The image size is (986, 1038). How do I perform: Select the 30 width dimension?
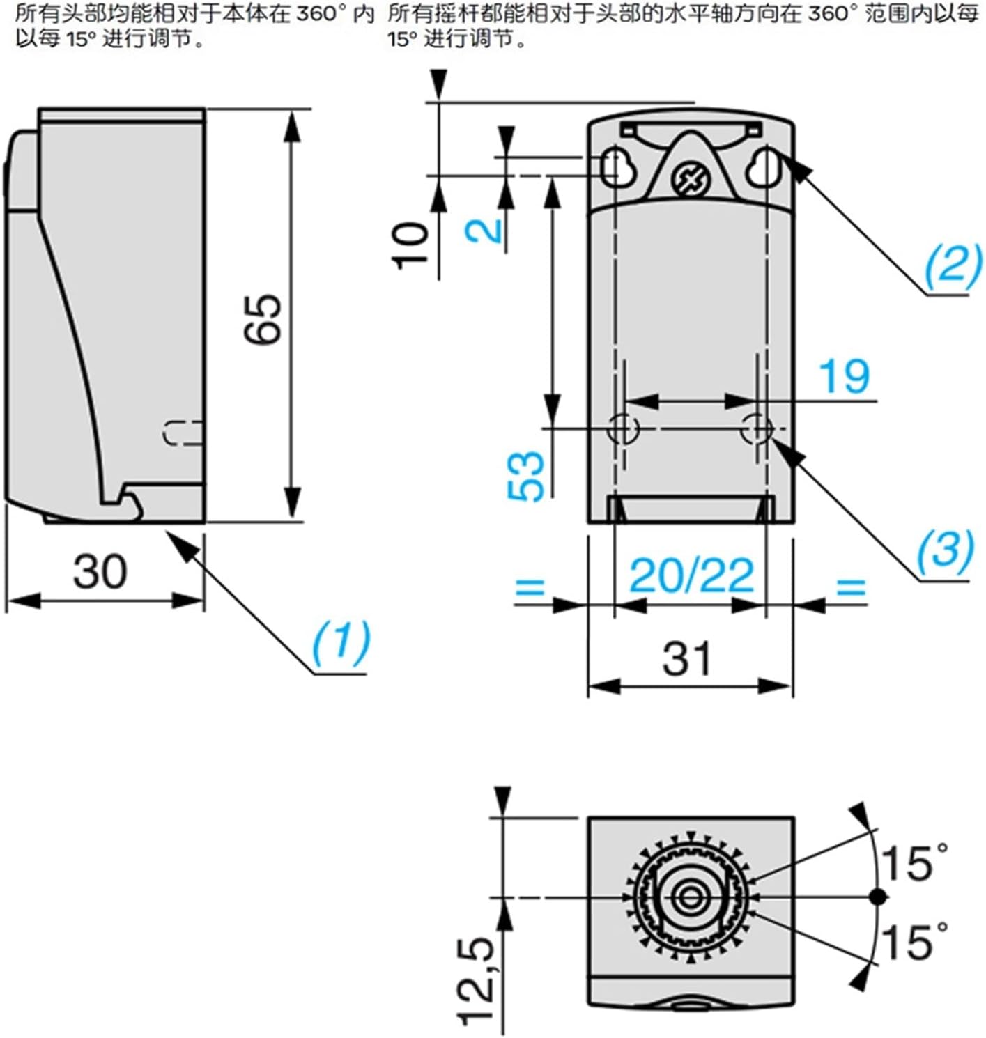(100, 572)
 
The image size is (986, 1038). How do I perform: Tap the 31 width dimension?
(688, 658)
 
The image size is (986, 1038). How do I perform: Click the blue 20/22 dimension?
(691, 575)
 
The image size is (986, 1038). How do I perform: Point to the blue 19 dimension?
(844, 377)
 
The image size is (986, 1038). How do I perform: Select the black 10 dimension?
(410, 245)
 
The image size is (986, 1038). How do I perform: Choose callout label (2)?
(953, 264)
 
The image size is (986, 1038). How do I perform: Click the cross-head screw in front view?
(690, 180)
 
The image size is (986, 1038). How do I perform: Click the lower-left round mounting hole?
(622, 428)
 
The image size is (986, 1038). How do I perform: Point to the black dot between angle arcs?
(879, 897)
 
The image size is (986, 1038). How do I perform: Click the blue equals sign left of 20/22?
(530, 587)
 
